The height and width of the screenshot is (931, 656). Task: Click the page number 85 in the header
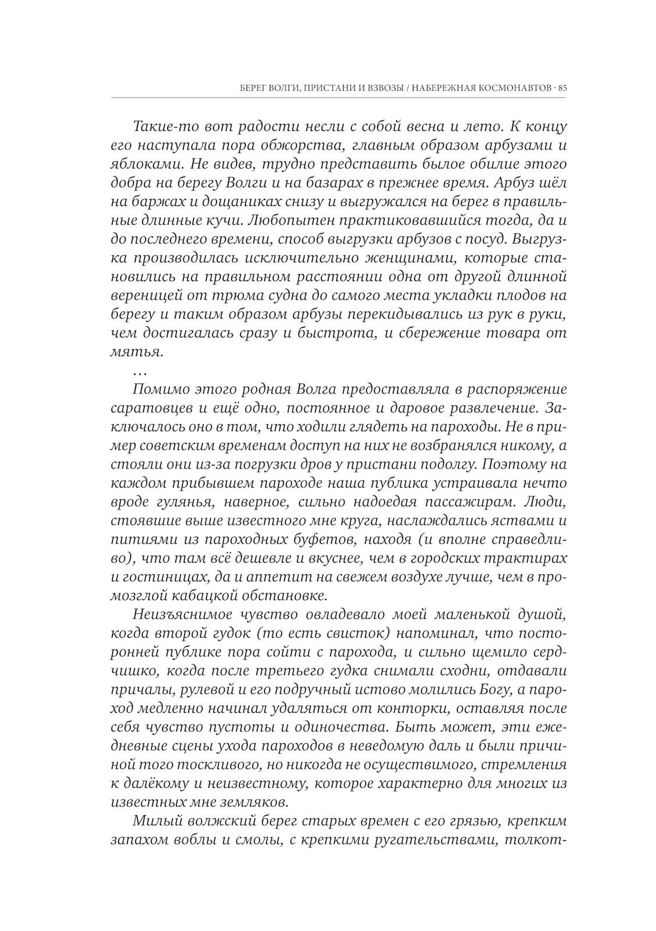[562, 88]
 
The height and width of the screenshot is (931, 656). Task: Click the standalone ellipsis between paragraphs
[140, 370]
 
